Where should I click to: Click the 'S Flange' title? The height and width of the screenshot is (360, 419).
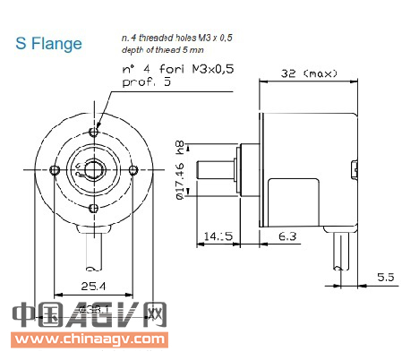click(x=49, y=43)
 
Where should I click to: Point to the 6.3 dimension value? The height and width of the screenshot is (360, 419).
click(x=287, y=236)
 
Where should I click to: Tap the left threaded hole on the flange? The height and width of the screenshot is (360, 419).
click(x=56, y=170)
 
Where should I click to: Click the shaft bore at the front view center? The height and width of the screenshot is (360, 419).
click(x=94, y=170)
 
